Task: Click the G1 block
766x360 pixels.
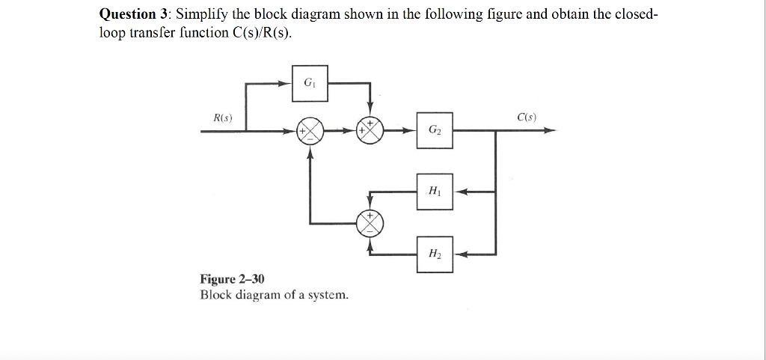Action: pos(310,83)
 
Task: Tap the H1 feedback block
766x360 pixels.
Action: pos(435,192)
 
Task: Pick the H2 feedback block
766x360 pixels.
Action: pos(435,254)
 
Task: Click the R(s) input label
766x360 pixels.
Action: pos(222,118)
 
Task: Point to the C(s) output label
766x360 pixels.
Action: pos(526,117)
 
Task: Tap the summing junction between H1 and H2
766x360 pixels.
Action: pos(370,222)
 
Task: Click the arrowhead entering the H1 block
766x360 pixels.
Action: pos(460,192)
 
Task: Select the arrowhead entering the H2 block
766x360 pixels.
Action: pos(460,254)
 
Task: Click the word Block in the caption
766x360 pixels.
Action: pos(216,295)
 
